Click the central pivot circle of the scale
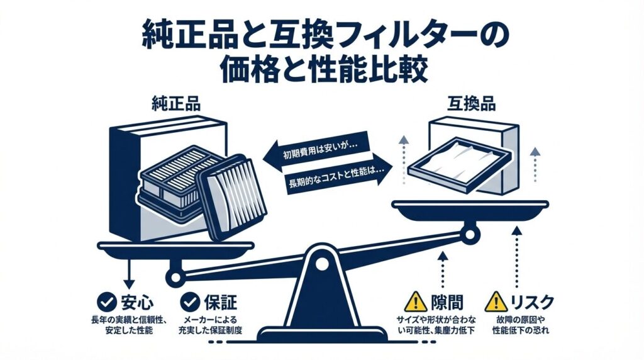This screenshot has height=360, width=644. pyautogui.click(x=322, y=261)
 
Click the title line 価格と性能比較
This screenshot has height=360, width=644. pyautogui.click(x=323, y=68)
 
